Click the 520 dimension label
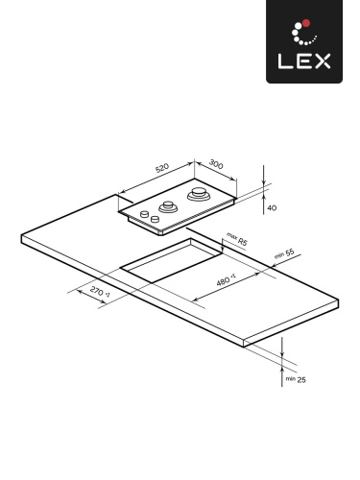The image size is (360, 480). pos(162,169)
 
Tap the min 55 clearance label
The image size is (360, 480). pos(282,254)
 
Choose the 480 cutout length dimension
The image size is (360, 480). pos(227,280)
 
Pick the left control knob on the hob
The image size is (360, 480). pos(141,214)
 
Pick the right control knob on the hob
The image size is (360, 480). pos(153,219)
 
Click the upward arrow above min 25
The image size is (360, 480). pos(282,358)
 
